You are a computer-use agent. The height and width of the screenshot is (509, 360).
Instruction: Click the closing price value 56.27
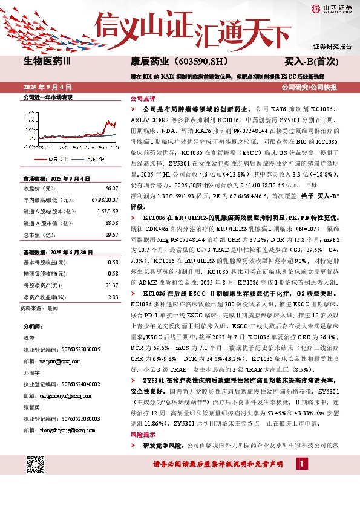[x=110, y=189]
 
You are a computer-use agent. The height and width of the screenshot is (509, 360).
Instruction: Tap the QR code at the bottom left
[x=36, y=470]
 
